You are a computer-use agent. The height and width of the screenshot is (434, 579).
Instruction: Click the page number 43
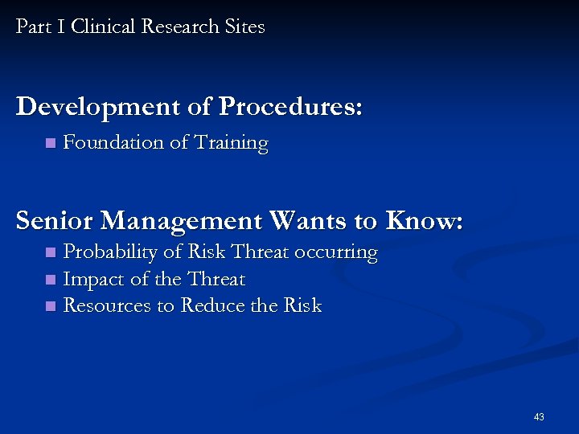pyautogui.click(x=539, y=417)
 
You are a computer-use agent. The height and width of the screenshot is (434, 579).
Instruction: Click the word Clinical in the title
pyautogui.click(x=104, y=27)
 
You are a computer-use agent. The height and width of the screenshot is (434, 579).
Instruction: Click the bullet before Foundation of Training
pyautogui.click(x=50, y=144)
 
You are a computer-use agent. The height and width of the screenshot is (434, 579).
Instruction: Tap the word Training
pyautogui.click(x=228, y=144)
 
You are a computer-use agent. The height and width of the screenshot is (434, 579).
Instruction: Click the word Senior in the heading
pyautogui.click(x=55, y=220)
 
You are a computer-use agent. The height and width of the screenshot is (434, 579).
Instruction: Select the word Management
pyautogui.click(x=182, y=221)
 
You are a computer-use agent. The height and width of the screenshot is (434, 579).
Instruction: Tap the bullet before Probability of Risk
pyautogui.click(x=50, y=253)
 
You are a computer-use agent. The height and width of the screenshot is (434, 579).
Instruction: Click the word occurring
pyautogui.click(x=336, y=253)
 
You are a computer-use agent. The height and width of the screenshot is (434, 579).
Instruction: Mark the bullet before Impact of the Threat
pyautogui.click(x=50, y=280)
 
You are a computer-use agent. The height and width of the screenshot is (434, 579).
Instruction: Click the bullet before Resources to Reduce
pyautogui.click(x=50, y=307)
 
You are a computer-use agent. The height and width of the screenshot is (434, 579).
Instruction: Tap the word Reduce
pyautogui.click(x=211, y=306)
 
